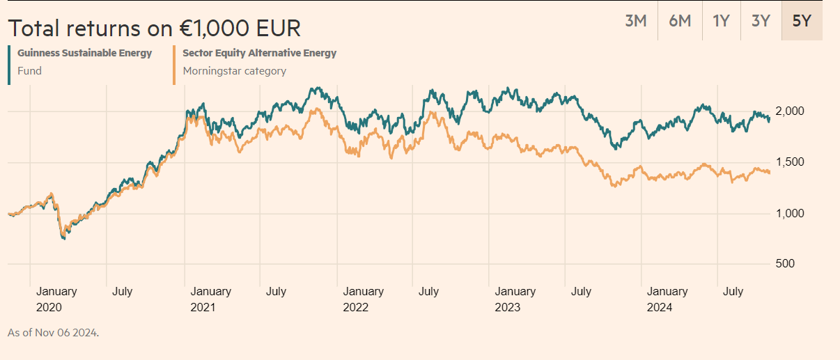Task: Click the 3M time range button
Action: pyautogui.click(x=636, y=21)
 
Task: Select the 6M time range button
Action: pyautogui.click(x=680, y=21)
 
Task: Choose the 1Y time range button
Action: pyautogui.click(x=721, y=21)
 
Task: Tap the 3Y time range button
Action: pyautogui.click(x=761, y=21)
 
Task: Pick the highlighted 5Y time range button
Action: pyautogui.click(x=802, y=21)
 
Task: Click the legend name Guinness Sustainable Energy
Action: pyautogui.click(x=84, y=53)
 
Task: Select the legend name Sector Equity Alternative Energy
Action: pyautogui.click(x=259, y=53)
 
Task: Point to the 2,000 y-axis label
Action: pyautogui.click(x=790, y=111)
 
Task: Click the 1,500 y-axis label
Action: pyautogui.click(x=790, y=162)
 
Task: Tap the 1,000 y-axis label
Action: pyautogui.click(x=790, y=213)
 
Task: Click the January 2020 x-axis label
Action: pyautogui.click(x=56, y=299)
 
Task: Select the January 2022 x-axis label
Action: pyautogui.click(x=363, y=299)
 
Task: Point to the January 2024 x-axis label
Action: pyautogui.click(x=667, y=299)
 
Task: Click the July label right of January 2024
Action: pyautogui.click(x=733, y=292)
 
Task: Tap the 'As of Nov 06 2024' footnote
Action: pyautogui.click(x=53, y=333)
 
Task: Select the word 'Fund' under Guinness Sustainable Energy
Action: pyautogui.click(x=29, y=70)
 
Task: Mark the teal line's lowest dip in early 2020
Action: pyautogui.click(x=63, y=239)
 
